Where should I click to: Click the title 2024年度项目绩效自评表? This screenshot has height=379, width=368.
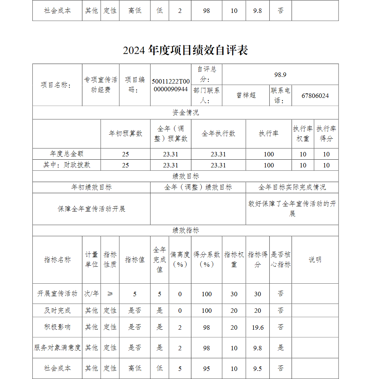click(185, 50)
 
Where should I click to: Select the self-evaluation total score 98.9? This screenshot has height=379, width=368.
click(280, 75)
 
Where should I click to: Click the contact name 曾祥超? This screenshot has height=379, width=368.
click(246, 95)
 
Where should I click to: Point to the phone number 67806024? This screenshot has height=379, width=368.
click(315, 96)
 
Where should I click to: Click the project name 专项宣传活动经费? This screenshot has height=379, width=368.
click(101, 85)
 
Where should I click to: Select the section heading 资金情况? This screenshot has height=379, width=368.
click(185, 113)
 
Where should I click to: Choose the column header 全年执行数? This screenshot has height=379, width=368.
click(218, 134)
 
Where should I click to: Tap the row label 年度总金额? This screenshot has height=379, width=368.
click(67, 154)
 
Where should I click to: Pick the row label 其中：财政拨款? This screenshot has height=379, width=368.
click(67, 165)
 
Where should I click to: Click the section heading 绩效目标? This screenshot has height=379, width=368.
click(185, 176)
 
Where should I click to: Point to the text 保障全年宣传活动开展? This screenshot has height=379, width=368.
click(91, 209)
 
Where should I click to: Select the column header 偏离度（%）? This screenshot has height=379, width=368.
click(180, 259)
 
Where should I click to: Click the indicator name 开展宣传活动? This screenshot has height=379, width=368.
click(57, 294)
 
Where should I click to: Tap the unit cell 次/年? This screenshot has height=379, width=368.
click(92, 294)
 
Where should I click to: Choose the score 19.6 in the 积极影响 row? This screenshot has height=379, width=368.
click(258, 327)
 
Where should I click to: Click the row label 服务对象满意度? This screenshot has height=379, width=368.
click(57, 348)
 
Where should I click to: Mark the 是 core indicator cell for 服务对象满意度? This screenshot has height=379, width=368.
click(280, 348)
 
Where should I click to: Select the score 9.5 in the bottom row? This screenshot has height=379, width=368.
click(258, 368)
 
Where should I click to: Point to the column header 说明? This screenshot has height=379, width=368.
click(315, 259)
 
